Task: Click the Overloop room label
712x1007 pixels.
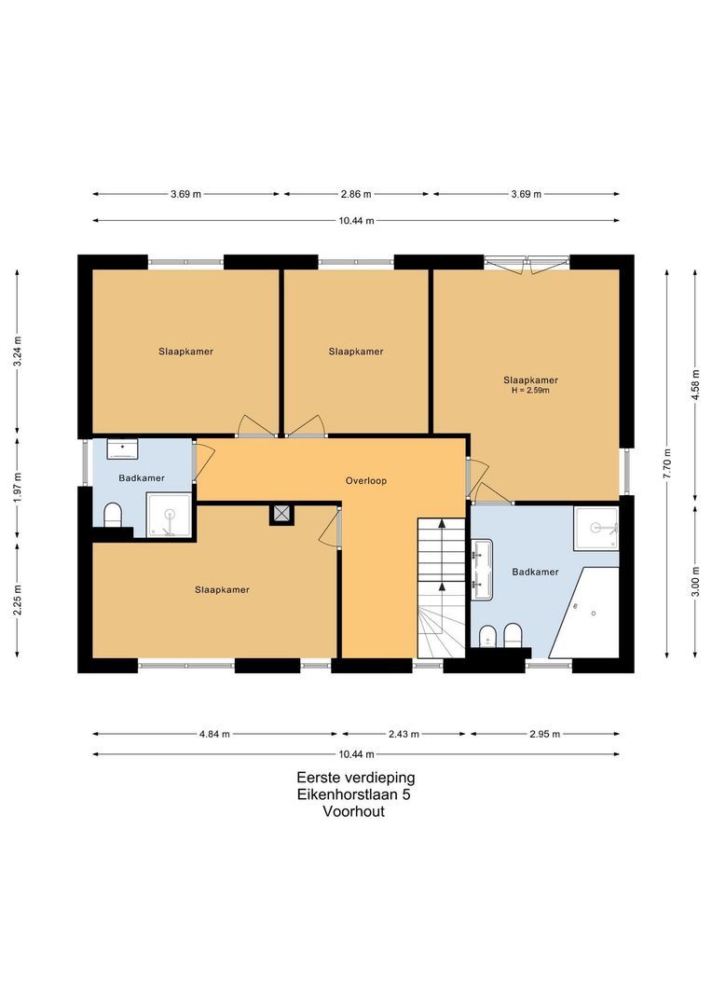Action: (x=365, y=481)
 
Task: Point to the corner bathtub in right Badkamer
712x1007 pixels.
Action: (x=587, y=612)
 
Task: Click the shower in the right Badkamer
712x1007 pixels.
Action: (x=596, y=529)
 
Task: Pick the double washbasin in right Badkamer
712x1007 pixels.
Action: (x=482, y=571)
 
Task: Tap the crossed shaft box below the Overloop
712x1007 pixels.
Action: (x=281, y=514)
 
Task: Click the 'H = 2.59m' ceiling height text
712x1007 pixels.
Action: (x=530, y=391)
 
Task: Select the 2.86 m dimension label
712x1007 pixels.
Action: (x=356, y=194)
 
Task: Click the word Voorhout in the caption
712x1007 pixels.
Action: (x=354, y=811)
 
